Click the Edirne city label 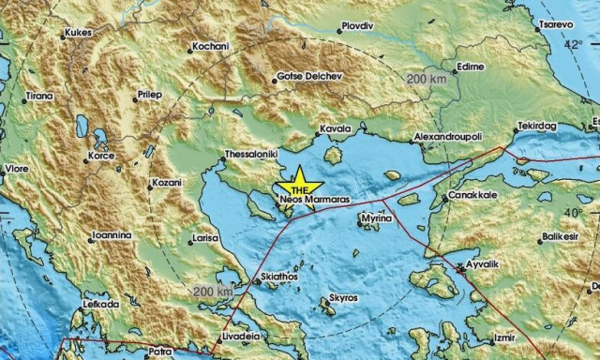pos(469,67)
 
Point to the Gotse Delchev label pos(309,77)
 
